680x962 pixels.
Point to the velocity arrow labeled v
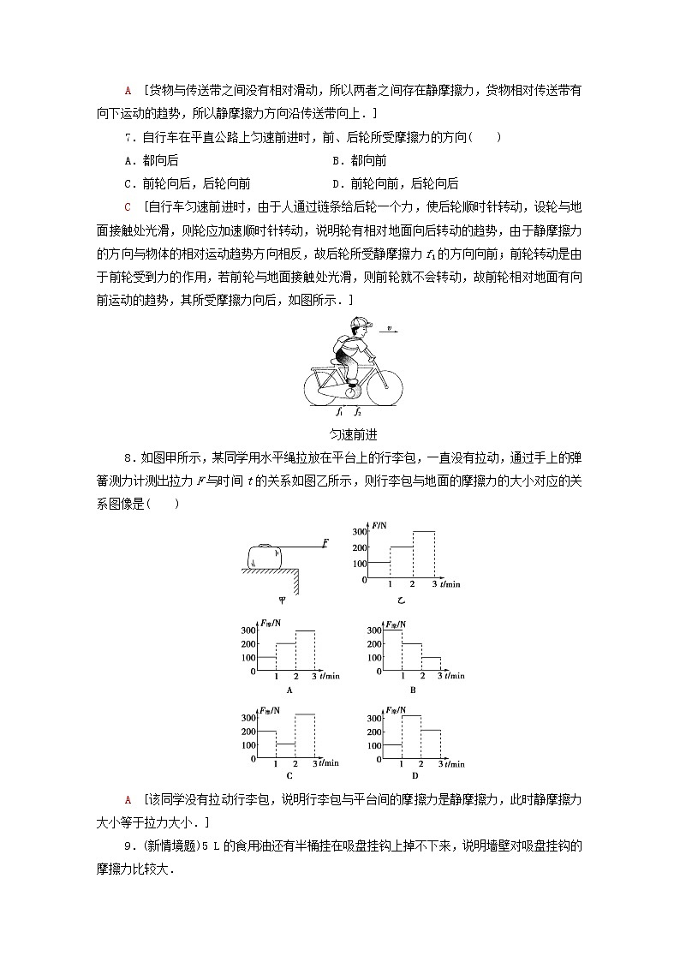click(x=391, y=330)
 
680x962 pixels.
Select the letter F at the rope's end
click(x=326, y=542)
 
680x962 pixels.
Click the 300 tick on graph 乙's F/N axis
click(x=357, y=532)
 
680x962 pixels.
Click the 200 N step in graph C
click(x=265, y=732)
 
